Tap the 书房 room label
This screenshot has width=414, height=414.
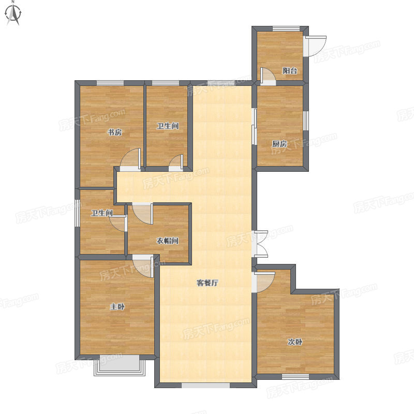pyautogui.click(x=115, y=132)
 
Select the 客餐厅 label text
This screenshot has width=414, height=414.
pyautogui.click(x=208, y=283)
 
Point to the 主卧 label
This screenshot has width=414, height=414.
pyautogui.click(x=117, y=306)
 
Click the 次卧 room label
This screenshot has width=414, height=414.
pyautogui.click(x=295, y=342)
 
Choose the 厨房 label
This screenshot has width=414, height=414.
pyautogui.click(x=279, y=144)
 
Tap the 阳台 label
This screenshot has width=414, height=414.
pyautogui.click(x=290, y=70)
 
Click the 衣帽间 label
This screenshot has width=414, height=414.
pyautogui.click(x=168, y=241)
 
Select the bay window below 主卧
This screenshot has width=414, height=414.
pyautogui.click(x=120, y=365)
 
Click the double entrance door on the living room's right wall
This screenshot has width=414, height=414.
pyautogui.click(x=261, y=244)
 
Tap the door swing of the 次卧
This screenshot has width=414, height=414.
pyautogui.click(x=263, y=282)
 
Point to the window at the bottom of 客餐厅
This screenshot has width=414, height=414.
pyautogui.click(x=205, y=385)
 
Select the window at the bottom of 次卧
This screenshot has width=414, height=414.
pyautogui.click(x=295, y=377)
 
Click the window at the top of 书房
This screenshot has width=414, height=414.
pyautogui.click(x=110, y=83)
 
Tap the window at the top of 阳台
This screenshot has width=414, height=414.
pyautogui.click(x=286, y=29)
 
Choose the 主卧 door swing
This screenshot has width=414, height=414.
pyautogui.click(x=143, y=266)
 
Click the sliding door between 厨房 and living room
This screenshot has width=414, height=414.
pyautogui.click(x=254, y=126)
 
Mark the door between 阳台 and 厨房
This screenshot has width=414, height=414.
pyautogui.click(x=268, y=77)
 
